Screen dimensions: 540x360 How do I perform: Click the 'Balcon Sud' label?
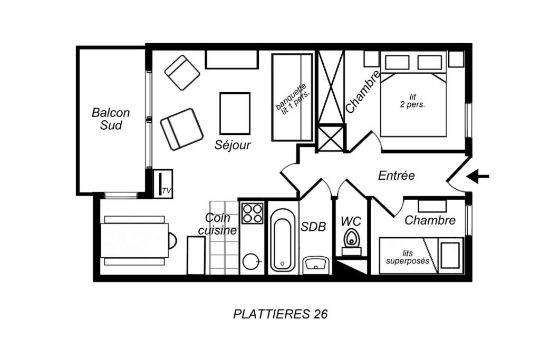pos(111,119)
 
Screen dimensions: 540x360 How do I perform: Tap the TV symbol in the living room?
pos(162,183)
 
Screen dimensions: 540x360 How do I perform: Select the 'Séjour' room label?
pos(233,145)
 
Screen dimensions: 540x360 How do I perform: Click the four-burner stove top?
pos(253,213)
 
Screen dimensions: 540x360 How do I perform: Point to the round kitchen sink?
pos(251,262)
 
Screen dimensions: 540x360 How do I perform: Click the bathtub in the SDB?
pos(283,239)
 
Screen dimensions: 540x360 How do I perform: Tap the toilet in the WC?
pos(351,242)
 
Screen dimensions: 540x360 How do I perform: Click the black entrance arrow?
pos(478,177)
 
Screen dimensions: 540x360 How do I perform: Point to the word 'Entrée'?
pos(397,176)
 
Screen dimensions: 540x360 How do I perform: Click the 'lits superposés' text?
pos(408,257)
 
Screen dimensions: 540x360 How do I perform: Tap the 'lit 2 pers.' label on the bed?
pos(412,101)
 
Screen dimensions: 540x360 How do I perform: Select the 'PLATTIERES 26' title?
pos(281,314)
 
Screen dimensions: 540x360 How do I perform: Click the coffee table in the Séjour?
pos(235,113)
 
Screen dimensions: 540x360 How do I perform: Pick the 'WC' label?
pos(351,221)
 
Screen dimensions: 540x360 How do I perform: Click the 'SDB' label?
pos(313,227)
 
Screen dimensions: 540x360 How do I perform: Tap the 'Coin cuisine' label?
pos(218,223)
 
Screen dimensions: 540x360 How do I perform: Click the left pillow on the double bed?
pos(397,63)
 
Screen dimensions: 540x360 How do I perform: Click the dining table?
pos(135,240)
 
